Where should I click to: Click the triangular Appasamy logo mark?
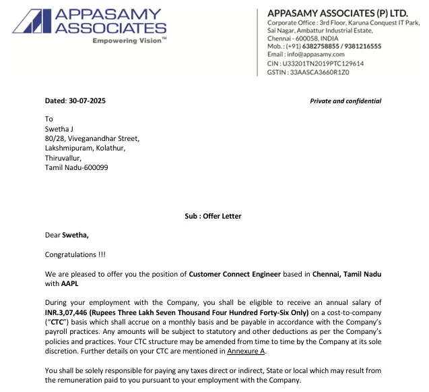click(x=28, y=22)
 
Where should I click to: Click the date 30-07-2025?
click(x=87, y=101)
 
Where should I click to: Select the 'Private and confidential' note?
click(x=345, y=101)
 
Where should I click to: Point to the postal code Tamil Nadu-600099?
click(x=76, y=167)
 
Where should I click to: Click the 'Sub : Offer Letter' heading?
click(x=213, y=216)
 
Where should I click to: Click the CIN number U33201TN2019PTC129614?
click(x=325, y=63)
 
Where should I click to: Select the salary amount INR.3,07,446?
click(x=71, y=312)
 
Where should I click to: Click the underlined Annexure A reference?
click(x=246, y=351)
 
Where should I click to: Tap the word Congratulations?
click(x=75, y=255)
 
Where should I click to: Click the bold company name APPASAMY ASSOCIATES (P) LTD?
click(x=337, y=13)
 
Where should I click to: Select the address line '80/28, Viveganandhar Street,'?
click(x=92, y=138)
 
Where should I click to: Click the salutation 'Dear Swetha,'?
click(x=67, y=235)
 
